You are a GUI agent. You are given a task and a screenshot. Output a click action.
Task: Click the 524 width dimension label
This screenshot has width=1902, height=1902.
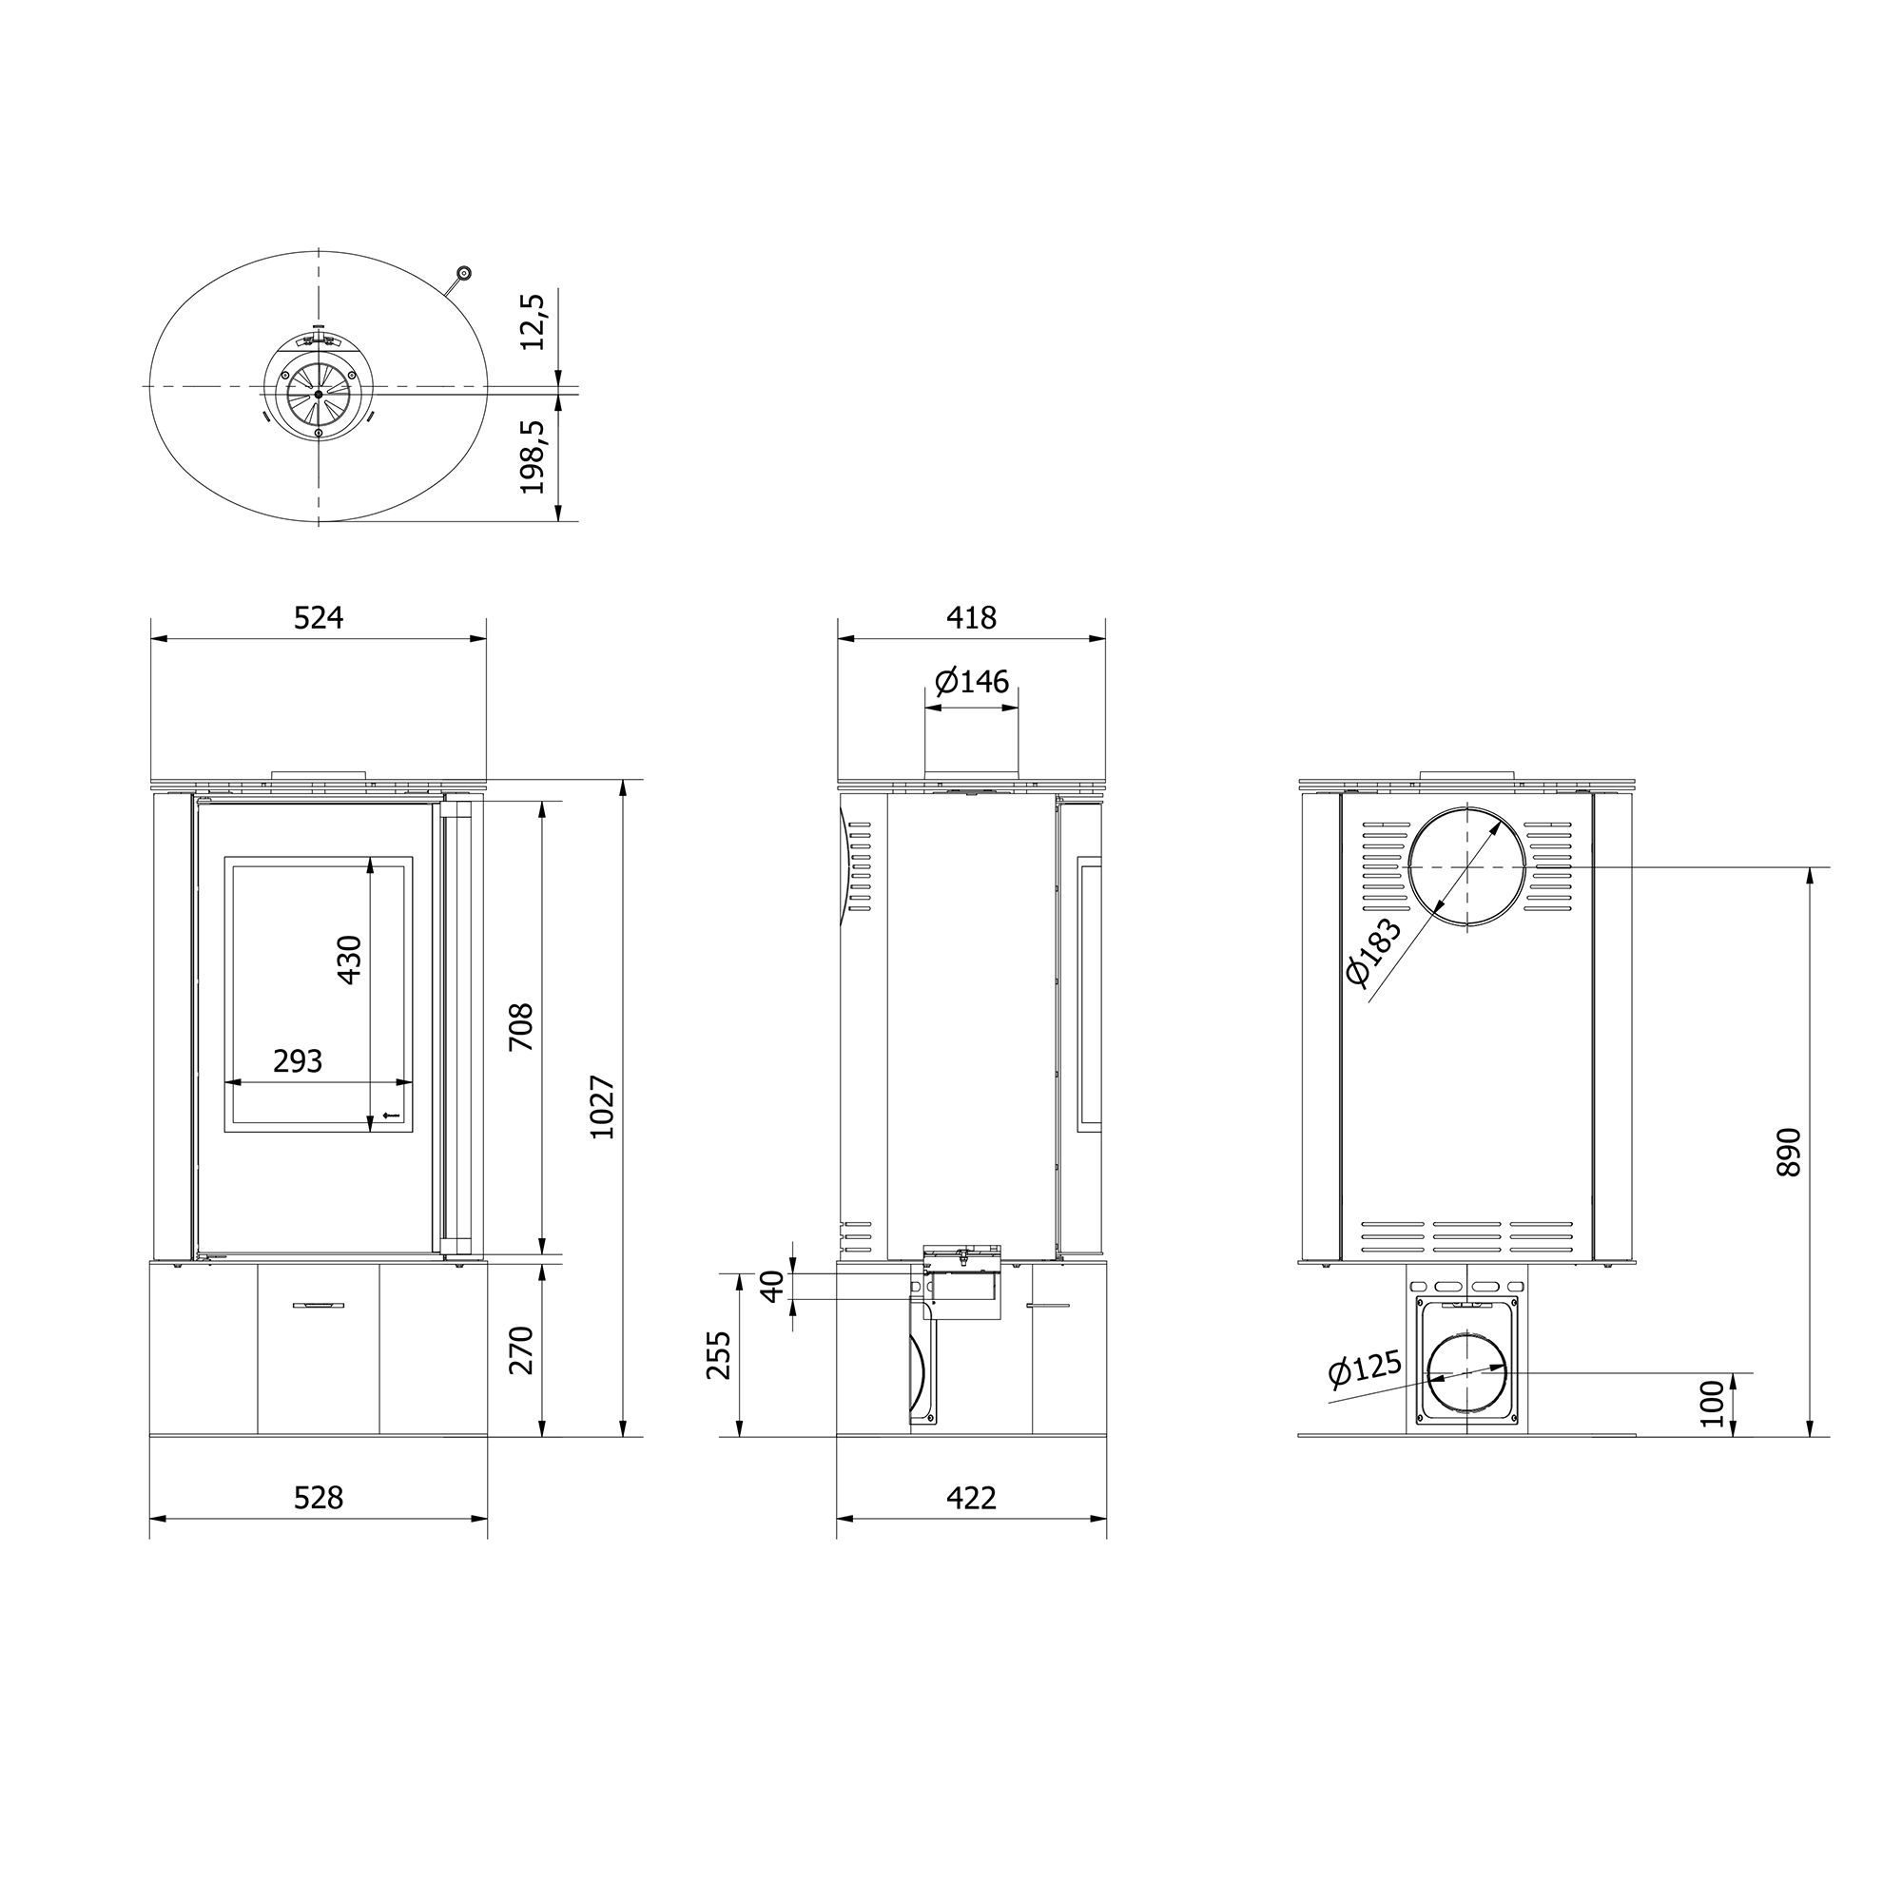[x=319, y=617]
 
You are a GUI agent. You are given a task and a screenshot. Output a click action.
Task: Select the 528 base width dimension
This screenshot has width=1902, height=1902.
[x=319, y=1498]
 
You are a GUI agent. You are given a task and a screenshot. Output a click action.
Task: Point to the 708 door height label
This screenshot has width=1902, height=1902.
[x=520, y=1027]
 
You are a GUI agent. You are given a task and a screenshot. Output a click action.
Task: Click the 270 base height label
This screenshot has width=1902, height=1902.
[x=520, y=1350]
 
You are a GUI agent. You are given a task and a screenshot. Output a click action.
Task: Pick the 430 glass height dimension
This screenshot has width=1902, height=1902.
[x=349, y=959]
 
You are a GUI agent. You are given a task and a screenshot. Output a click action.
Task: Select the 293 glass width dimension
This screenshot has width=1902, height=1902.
[x=298, y=1060]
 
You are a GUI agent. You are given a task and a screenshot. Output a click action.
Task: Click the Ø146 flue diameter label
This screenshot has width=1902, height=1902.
[x=972, y=680]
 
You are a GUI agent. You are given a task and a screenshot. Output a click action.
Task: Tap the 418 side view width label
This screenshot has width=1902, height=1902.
[x=972, y=617]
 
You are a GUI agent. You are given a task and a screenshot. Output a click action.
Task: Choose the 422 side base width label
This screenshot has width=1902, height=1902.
[x=972, y=1498]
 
